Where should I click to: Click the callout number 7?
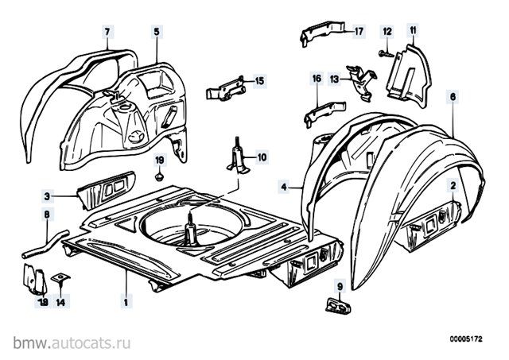[x=107, y=32]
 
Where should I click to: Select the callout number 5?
[x=157, y=32]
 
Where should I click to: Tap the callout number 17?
[x=359, y=32]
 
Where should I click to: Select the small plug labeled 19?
[x=159, y=176]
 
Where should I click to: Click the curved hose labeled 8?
[x=46, y=244]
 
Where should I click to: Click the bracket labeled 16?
[x=324, y=114]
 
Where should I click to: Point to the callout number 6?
[x=453, y=97]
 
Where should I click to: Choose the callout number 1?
[x=126, y=302]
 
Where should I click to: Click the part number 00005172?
[x=466, y=339]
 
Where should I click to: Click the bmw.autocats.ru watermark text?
[x=72, y=343]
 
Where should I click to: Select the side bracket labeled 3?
[x=106, y=190]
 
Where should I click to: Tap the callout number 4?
[x=284, y=187]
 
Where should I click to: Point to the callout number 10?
[x=262, y=157]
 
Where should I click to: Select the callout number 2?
[x=453, y=185]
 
